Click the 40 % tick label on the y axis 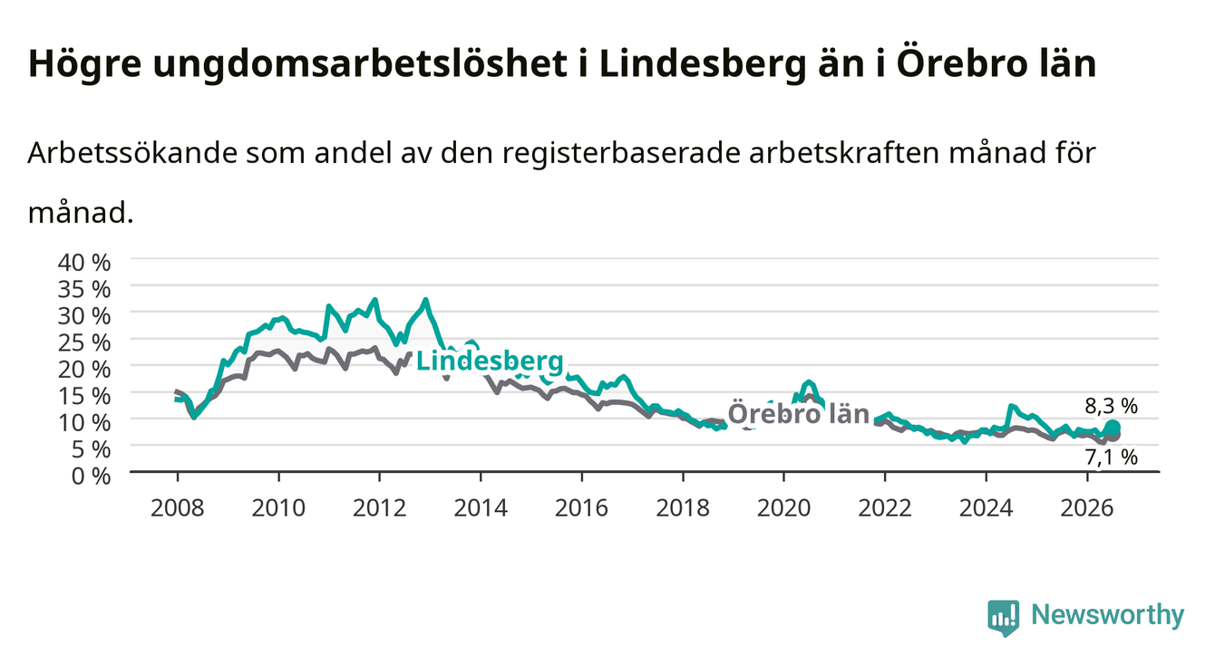click(x=84, y=263)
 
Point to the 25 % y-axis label click(x=84, y=343)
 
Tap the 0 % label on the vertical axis click(x=91, y=477)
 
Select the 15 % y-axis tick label click(x=84, y=396)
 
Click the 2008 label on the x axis click(x=178, y=508)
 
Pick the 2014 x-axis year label click(x=481, y=508)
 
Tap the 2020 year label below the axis click(x=783, y=508)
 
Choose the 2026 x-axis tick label click(x=1087, y=508)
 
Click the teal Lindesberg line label click(x=490, y=361)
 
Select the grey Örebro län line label click(x=799, y=414)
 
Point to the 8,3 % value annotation click(x=1111, y=406)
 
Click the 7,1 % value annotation click(x=1111, y=458)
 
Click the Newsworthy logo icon click(x=1003, y=617)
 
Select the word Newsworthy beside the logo click(x=1107, y=615)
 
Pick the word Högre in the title click(x=84, y=64)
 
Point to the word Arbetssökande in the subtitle click(x=132, y=153)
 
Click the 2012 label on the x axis click(x=380, y=508)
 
